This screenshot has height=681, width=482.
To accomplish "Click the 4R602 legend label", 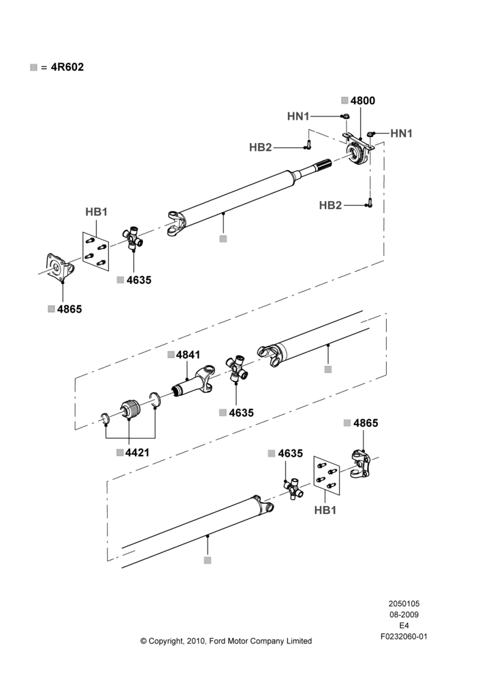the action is coord(67,67).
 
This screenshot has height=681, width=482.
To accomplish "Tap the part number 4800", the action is coord(363,101).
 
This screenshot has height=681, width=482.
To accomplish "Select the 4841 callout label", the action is coord(188,355).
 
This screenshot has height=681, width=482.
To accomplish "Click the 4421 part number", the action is coord(138,453).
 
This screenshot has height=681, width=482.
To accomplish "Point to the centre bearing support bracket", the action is coord(358,150).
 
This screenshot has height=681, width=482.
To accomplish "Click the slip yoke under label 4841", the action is coord(193,381).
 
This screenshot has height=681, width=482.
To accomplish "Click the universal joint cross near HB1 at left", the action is coord(133,238).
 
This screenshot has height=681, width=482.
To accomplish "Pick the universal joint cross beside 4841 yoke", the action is coord(236,368).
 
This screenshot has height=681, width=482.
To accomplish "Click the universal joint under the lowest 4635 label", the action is coord(294,489).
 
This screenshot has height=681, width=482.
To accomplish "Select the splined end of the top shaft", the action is coord(323,165).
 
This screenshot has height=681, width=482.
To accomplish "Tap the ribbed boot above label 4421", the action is coord(129,409).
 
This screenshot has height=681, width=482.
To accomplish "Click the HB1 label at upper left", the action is coord(96,212).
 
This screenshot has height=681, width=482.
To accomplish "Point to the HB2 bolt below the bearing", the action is coord(370,203).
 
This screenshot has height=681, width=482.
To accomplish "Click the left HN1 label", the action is coord(298,116).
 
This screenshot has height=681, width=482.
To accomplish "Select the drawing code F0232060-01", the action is coord(404,637).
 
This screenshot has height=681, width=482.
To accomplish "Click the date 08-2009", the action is coord(404,614).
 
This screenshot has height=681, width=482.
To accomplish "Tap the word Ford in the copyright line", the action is coord(217,641).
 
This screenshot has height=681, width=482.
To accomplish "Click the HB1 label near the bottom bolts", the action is coord(325,510).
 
